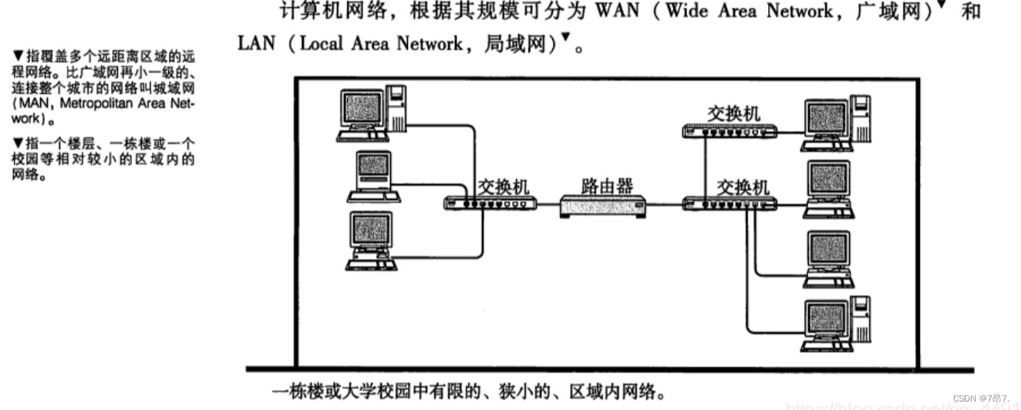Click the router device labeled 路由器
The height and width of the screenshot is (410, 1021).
click(x=602, y=206)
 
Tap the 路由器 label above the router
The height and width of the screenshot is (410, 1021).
click(x=607, y=186)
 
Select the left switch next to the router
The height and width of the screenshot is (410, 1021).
click(x=490, y=203)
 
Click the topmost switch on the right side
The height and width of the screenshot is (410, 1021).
click(x=730, y=130)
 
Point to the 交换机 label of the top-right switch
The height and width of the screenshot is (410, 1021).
click(x=733, y=113)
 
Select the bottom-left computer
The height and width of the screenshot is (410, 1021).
click(x=371, y=240)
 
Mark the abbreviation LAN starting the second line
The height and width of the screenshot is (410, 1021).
click(x=256, y=43)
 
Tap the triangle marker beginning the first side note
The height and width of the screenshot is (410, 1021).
click(x=17, y=55)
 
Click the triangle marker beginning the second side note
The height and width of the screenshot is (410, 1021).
click(x=17, y=142)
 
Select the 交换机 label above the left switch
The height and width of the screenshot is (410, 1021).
click(x=504, y=187)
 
